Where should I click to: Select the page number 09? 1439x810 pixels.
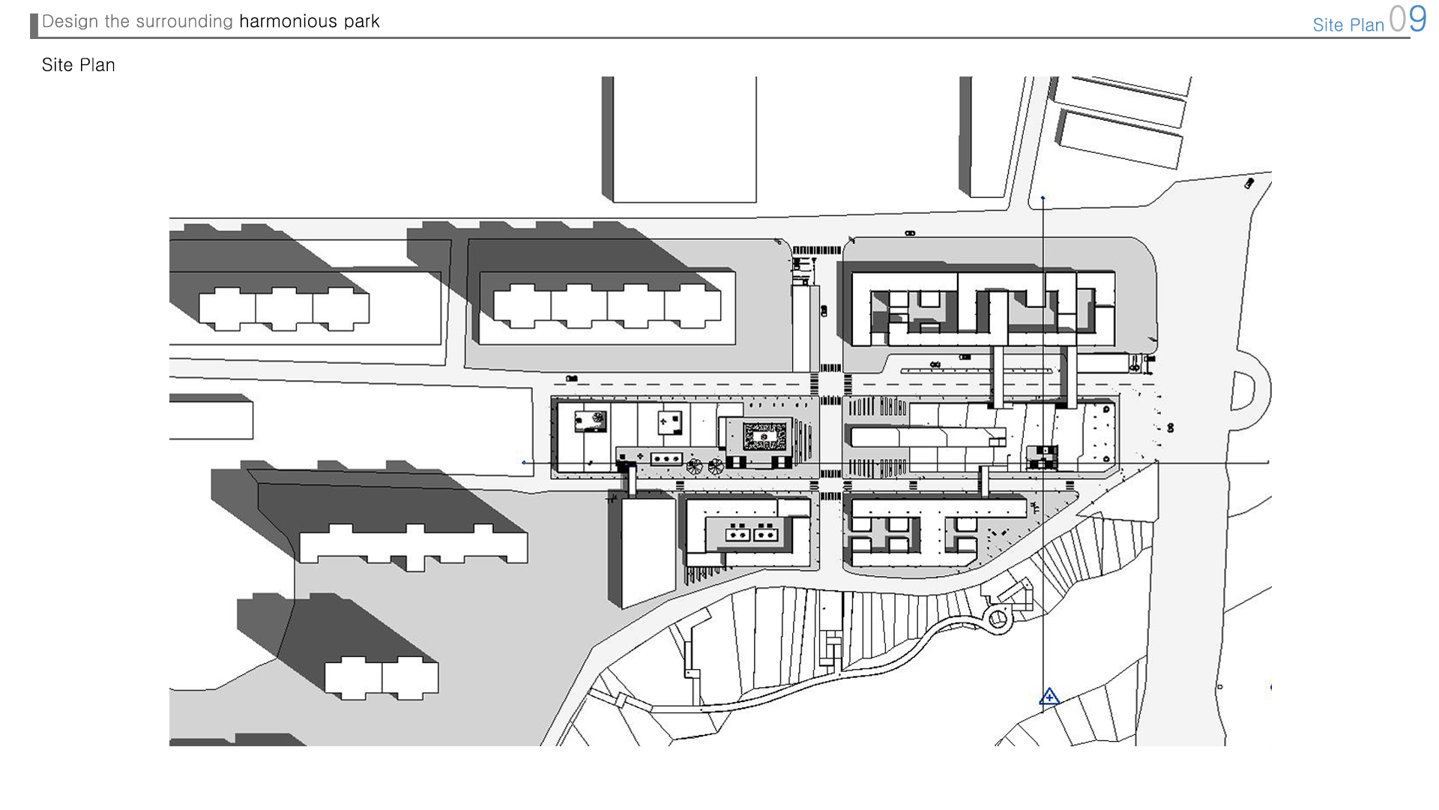click(x=1408, y=19)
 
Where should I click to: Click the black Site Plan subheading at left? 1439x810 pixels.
click(x=79, y=65)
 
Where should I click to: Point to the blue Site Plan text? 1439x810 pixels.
click(x=1348, y=25)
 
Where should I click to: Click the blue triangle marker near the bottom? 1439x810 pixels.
click(x=1049, y=697)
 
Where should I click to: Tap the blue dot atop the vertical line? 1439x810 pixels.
click(x=1043, y=198)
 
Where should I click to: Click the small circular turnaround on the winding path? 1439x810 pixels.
click(x=998, y=619)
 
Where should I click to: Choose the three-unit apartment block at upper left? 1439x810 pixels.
click(x=284, y=308)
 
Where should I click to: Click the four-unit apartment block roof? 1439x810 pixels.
click(x=607, y=306)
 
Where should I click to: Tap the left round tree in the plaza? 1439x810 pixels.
click(x=695, y=466)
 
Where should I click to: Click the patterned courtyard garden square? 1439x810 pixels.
click(x=764, y=436)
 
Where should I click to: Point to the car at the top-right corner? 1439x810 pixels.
click(x=1249, y=183)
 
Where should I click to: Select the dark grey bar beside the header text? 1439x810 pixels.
click(x=34, y=25)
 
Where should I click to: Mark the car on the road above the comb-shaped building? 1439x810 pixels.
click(x=910, y=233)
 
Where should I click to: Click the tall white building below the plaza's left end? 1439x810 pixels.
click(x=649, y=551)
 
